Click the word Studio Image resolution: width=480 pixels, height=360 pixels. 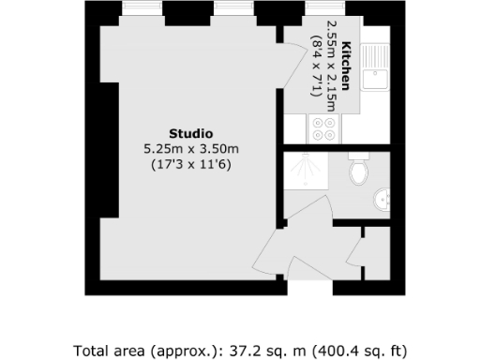click(190, 133)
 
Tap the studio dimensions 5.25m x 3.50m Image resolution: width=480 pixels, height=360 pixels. click(190, 148)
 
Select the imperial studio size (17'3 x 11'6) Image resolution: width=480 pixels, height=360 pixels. click(190, 164)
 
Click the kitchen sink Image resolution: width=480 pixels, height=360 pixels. click(378, 67)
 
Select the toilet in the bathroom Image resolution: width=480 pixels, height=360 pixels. click(357, 172)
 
